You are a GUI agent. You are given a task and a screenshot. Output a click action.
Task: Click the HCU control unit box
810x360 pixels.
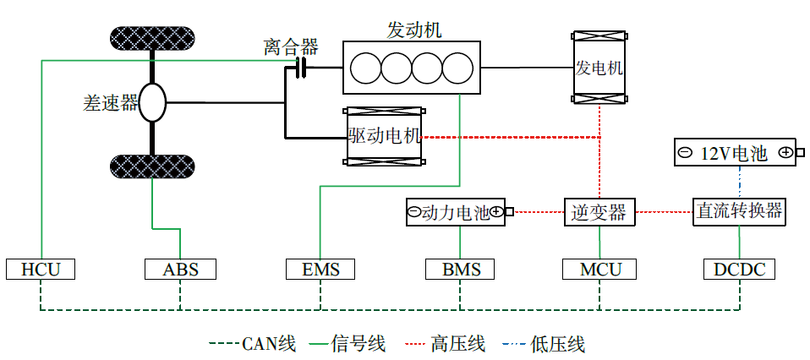point(40,269)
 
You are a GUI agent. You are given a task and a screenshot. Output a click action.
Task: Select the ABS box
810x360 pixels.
point(180,269)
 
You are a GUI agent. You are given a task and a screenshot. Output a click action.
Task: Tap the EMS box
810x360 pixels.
point(320,269)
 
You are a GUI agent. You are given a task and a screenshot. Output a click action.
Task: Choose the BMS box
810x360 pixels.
point(460,269)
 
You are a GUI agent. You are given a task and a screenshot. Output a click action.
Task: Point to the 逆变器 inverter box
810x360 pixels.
point(599,212)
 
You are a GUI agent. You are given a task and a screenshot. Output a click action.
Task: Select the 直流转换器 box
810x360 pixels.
point(739,212)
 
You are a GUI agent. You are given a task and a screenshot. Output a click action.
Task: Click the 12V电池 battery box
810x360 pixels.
point(735,153)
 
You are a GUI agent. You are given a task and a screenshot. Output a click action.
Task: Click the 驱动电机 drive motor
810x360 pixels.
point(385,136)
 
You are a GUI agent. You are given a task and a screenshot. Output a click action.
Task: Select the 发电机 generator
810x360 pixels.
point(599,68)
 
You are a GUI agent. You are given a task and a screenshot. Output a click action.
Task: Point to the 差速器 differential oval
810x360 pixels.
point(153,102)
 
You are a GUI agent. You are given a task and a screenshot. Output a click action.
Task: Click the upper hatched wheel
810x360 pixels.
point(153,39)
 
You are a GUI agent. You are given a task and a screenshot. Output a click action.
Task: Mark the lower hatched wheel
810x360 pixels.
point(153,166)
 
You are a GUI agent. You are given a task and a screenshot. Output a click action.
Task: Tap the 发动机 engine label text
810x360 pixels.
point(413,29)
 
